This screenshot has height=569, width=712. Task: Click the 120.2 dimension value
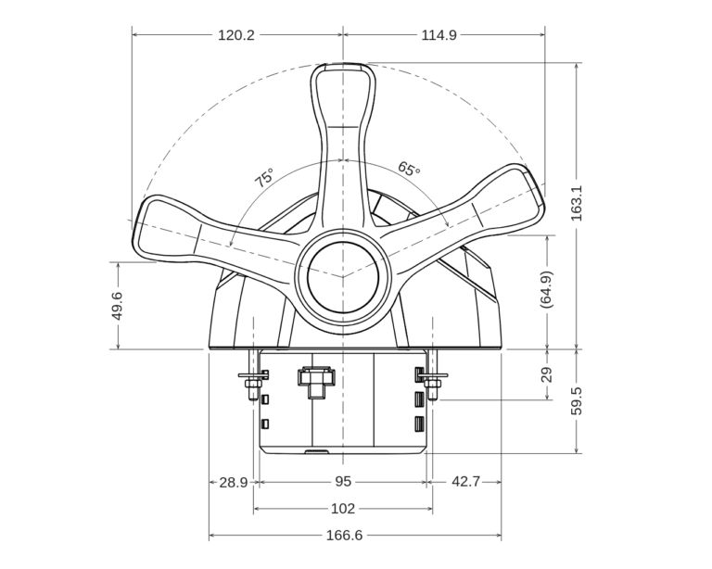[x=236, y=35]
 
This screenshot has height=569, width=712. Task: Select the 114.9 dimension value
[x=439, y=35]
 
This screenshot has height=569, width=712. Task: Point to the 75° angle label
[x=265, y=179]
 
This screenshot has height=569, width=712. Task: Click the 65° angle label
[x=409, y=170]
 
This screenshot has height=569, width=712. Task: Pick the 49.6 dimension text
[x=118, y=305]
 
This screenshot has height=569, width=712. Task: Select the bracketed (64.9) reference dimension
[x=546, y=290]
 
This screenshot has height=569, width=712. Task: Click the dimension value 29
[x=546, y=374]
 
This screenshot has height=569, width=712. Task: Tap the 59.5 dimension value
[x=577, y=401]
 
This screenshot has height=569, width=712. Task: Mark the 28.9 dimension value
[x=233, y=482]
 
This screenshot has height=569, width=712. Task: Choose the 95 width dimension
[x=343, y=482]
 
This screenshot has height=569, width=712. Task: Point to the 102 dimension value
[x=343, y=509]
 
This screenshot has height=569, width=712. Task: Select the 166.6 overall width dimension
[x=343, y=536]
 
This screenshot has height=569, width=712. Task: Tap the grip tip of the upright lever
[x=343, y=79]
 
